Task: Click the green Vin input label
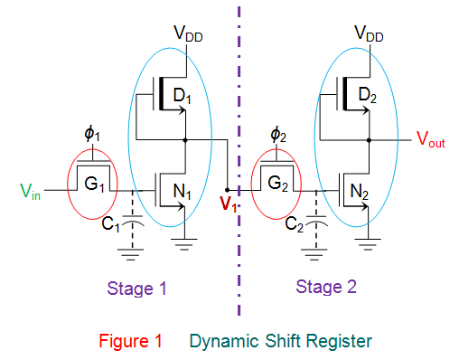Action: pyautogui.click(x=30, y=191)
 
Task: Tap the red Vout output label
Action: pyautogui.click(x=431, y=139)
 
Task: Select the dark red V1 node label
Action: pyautogui.click(x=228, y=204)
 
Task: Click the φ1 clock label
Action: pyautogui.click(x=92, y=134)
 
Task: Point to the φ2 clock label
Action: pyautogui.click(x=278, y=134)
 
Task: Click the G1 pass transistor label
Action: pyautogui.click(x=94, y=184)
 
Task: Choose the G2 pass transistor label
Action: pyautogui.click(x=277, y=184)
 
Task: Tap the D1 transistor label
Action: pyautogui.click(x=182, y=96)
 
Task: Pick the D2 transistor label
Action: pyautogui.click(x=367, y=95)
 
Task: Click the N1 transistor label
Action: pyautogui.click(x=182, y=191)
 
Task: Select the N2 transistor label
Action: pyautogui.click(x=360, y=192)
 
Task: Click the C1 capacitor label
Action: pyautogui.click(x=110, y=224)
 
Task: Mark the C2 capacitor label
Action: pyautogui.click(x=295, y=224)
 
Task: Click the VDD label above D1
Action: pyautogui.click(x=188, y=33)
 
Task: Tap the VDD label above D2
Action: pyautogui.click(x=369, y=33)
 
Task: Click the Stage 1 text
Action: pyautogui.click(x=136, y=289)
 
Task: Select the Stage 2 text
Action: pyautogui.click(x=326, y=287)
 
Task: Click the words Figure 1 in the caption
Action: pyautogui.click(x=131, y=341)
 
